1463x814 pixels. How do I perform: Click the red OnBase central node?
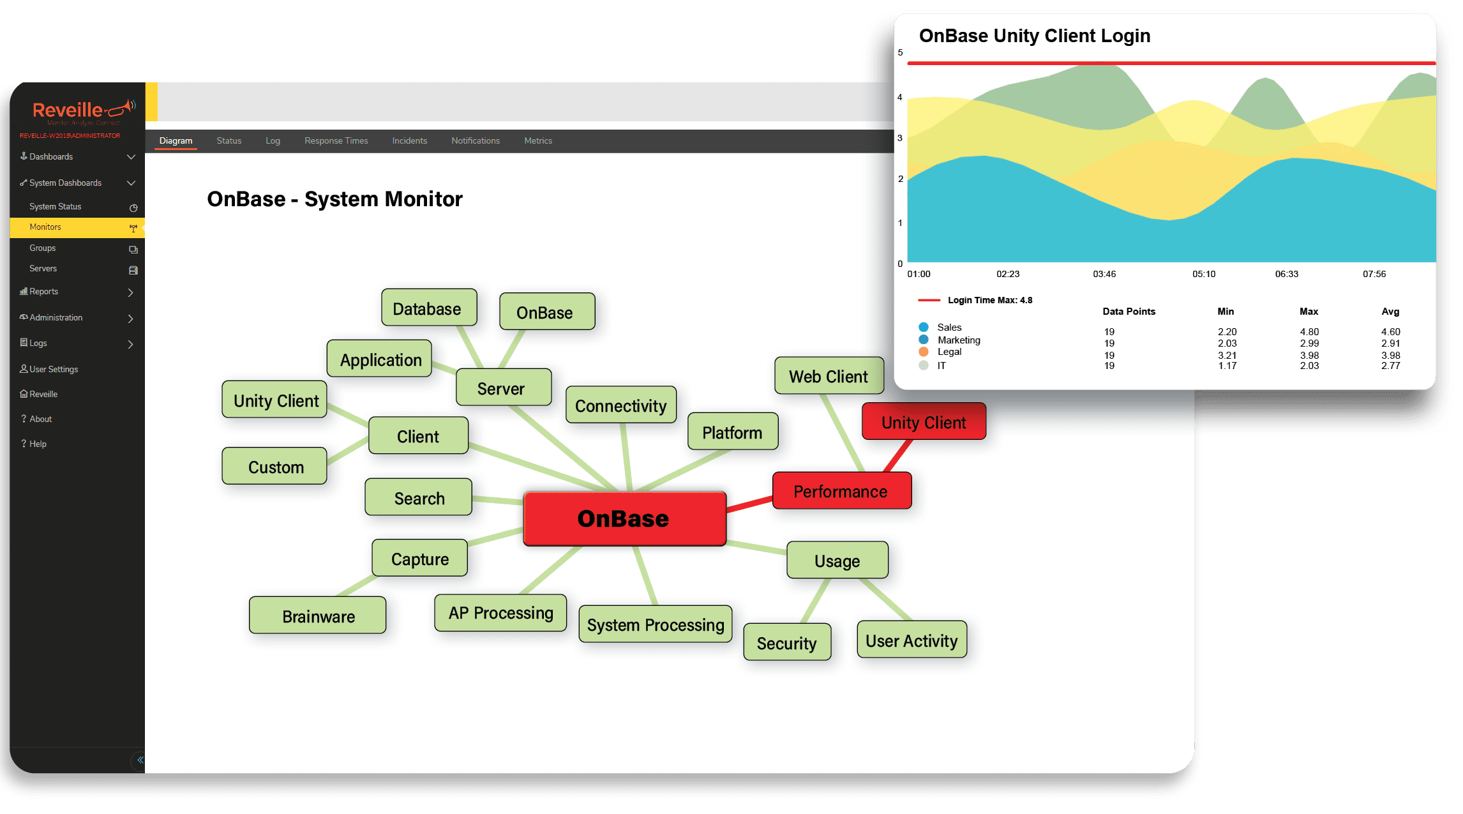pyautogui.click(x=624, y=518)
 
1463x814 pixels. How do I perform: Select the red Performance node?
pyautogui.click(x=841, y=491)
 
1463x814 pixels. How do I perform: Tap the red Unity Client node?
pyautogui.click(x=924, y=422)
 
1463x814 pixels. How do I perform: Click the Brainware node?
pyautogui.click(x=318, y=616)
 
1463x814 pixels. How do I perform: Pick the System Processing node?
pyautogui.click(x=656, y=624)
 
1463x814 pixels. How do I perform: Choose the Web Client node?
pyautogui.click(x=829, y=376)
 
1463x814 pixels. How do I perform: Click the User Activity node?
pyautogui.click(x=912, y=640)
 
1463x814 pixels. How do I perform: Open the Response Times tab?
pyautogui.click(x=336, y=140)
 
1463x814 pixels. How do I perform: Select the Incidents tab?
pyautogui.click(x=410, y=140)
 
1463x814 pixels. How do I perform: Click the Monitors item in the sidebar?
pyautogui.click(x=45, y=227)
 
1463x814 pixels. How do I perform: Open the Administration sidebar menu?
pyautogui.click(x=56, y=317)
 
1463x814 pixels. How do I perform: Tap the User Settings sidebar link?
pyautogui.click(x=54, y=369)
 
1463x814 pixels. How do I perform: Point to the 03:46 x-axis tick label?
pyautogui.click(x=1104, y=274)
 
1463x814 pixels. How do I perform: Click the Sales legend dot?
pyautogui.click(x=924, y=327)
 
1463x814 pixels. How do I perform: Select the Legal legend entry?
pyautogui.click(x=949, y=352)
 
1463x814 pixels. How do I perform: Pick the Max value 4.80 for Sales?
pyautogui.click(x=1309, y=332)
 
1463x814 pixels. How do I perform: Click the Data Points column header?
pyautogui.click(x=1129, y=312)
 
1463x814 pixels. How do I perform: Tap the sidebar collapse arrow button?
pyautogui.click(x=140, y=760)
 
